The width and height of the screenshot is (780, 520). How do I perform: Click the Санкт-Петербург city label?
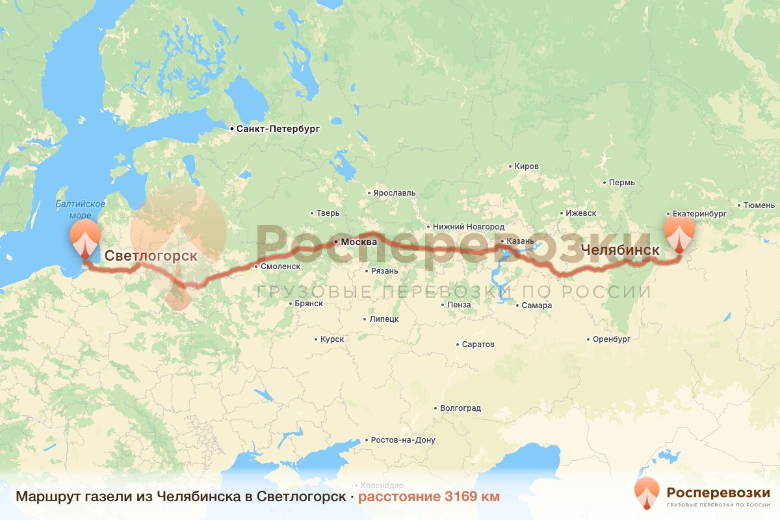[278, 129]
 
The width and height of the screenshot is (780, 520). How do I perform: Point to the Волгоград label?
[460, 408]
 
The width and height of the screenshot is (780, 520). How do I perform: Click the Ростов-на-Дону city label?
[402, 440]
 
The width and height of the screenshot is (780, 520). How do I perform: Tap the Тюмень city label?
[759, 205]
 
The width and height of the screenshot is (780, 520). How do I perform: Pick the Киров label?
[526, 166]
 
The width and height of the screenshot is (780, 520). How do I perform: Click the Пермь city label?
[622, 183]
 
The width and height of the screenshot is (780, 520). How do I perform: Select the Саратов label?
[478, 344]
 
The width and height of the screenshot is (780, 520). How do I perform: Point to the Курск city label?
[332, 339]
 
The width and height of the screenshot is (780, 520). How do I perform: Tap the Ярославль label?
[393, 193]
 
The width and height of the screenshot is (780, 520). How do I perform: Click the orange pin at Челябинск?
[679, 233]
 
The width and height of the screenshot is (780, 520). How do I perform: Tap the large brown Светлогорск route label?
[151, 255]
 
